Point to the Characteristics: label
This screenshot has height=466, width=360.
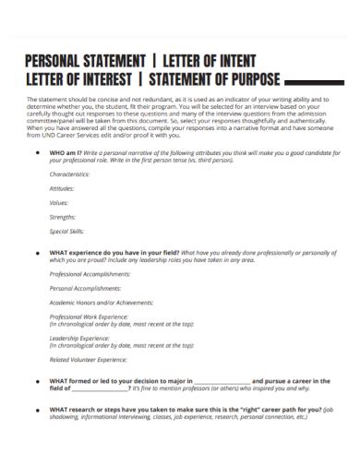click(x=70, y=174)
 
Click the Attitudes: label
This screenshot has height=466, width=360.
click(x=63, y=188)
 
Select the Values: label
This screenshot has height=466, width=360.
click(x=59, y=202)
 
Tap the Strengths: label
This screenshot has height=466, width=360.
click(x=64, y=217)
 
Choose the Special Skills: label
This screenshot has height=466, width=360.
click(x=66, y=231)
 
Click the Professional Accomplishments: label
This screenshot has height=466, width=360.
click(x=90, y=274)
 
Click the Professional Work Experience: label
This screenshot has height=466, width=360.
click(x=90, y=317)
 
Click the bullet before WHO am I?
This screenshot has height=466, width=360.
click(x=36, y=154)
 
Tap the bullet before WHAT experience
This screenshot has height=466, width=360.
click(x=36, y=252)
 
